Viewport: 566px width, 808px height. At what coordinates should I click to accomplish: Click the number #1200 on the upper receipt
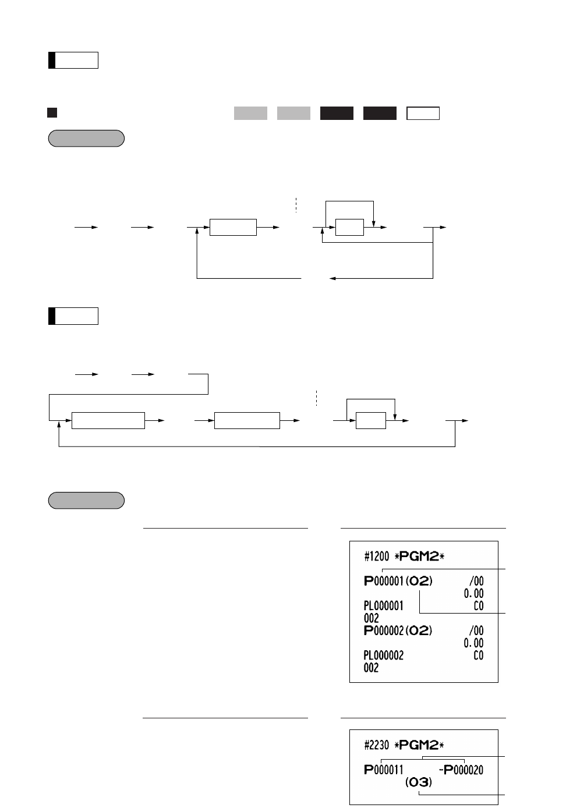coord(376,557)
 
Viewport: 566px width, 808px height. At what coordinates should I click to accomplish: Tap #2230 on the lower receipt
coord(376,745)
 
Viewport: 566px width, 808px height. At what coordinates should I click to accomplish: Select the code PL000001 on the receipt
coord(383,606)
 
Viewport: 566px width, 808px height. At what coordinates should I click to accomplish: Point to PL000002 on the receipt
coord(383,655)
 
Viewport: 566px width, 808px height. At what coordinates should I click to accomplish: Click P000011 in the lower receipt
coord(384,770)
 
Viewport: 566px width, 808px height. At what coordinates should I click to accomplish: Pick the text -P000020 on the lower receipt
coord(461,770)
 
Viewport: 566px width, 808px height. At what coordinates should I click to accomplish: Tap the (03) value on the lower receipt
coord(419,782)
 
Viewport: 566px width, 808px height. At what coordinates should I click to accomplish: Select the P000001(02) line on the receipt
coord(398,581)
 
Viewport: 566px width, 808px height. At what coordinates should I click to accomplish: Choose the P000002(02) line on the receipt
coord(398,630)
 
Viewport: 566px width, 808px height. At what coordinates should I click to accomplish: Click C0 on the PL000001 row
coord(478,606)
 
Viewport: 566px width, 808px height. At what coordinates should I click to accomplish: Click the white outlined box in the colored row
coord(423,113)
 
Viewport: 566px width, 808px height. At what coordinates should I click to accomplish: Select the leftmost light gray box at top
coord(250,113)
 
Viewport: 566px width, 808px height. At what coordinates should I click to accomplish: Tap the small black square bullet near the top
coord(52,113)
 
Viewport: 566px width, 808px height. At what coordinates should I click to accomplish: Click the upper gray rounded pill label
coord(86,139)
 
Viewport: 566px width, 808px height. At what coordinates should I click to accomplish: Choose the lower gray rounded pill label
coord(86,501)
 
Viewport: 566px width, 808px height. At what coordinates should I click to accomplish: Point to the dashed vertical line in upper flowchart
coord(296,205)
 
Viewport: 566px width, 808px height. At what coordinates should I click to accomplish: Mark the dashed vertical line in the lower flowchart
coord(316,398)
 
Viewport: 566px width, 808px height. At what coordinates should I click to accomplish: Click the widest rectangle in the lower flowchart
coord(108,420)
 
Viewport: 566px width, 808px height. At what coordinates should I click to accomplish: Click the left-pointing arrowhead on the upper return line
coord(332,278)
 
